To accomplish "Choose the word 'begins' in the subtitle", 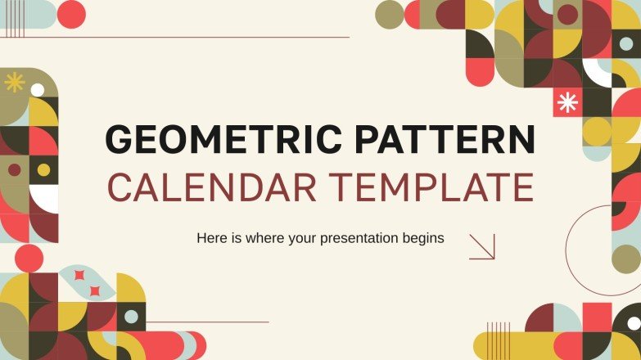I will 422,239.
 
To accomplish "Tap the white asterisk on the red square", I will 567,101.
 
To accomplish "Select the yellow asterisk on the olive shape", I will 14,82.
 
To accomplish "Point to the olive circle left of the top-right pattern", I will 389,14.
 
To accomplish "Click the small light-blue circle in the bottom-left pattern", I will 131,317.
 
